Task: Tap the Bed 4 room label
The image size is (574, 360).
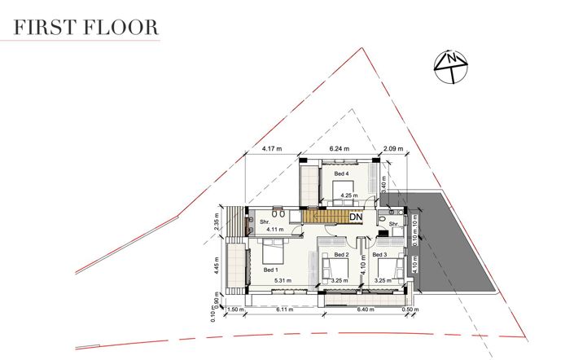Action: pyautogui.click(x=341, y=173)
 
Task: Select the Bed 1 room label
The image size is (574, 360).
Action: pyautogui.click(x=270, y=270)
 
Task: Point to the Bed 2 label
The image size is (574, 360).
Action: pyautogui.click(x=342, y=255)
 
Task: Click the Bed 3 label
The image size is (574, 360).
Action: pyautogui.click(x=379, y=255)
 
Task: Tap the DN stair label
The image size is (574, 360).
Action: pyautogui.click(x=356, y=217)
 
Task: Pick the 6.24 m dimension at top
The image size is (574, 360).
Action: pyautogui.click(x=340, y=149)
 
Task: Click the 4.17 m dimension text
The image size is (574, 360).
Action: pyautogui.click(x=272, y=149)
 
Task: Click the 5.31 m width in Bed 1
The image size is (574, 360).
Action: pyautogui.click(x=283, y=281)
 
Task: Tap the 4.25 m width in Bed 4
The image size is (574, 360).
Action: pyautogui.click(x=349, y=195)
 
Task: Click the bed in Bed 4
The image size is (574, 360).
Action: pyautogui.click(x=343, y=189)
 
